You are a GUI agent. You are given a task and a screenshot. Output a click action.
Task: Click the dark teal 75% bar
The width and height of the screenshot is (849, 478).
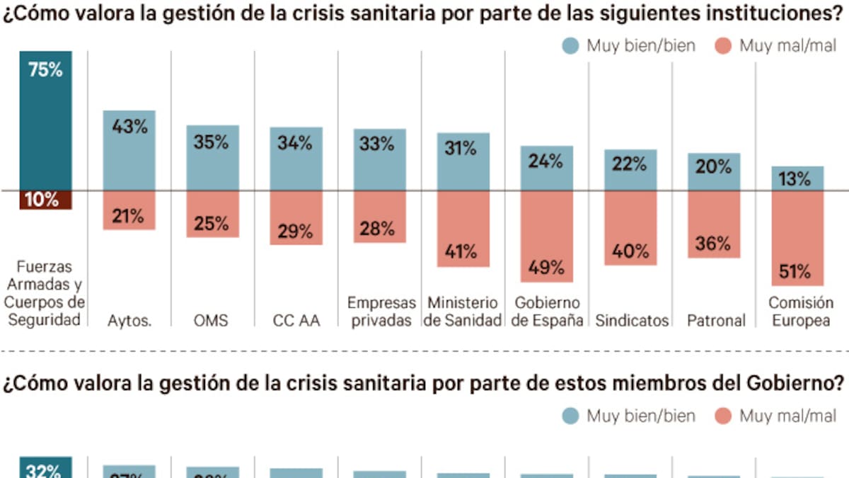click(46, 120)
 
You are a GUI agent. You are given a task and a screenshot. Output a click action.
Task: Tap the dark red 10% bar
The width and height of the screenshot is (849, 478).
click(46, 200)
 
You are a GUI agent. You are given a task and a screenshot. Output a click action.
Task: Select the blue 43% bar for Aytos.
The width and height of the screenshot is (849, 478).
click(129, 150)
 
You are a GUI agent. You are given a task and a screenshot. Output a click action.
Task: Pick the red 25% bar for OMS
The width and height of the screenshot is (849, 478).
click(212, 213)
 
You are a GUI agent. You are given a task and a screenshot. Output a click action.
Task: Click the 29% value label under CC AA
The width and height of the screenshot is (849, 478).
click(296, 231)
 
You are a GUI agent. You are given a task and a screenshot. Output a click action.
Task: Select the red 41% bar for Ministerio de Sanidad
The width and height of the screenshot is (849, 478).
click(463, 228)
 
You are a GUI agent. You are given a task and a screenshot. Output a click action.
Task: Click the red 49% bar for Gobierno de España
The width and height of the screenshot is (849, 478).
click(546, 236)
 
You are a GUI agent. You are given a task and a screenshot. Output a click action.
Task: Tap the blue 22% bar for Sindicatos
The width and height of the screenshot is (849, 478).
click(630, 170)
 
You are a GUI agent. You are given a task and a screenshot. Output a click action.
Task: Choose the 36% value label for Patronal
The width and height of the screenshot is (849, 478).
click(713, 244)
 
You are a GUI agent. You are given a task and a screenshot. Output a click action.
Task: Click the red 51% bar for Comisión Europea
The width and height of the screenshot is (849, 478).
click(797, 237)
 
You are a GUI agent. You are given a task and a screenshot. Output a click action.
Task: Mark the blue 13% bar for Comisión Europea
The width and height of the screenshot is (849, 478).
click(797, 178)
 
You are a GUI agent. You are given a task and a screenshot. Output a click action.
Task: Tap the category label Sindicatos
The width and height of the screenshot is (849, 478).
click(632, 321)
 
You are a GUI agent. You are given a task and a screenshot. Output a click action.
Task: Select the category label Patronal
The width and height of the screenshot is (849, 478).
click(716, 321)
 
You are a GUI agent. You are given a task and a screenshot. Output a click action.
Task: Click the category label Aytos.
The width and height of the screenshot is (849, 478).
click(129, 321)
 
